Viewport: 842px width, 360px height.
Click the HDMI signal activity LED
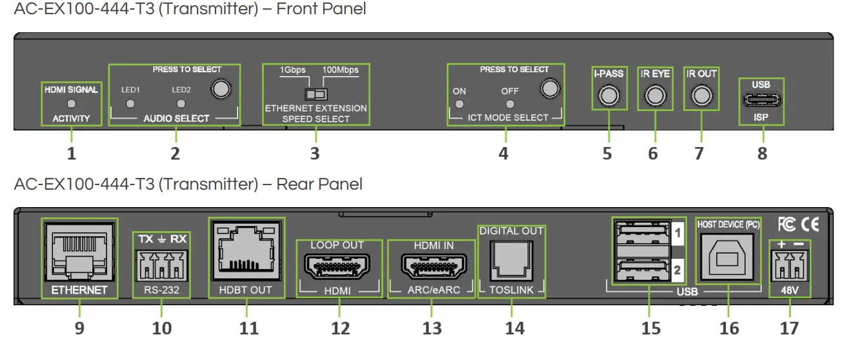[72, 103]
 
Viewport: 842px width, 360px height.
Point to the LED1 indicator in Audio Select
[130, 103]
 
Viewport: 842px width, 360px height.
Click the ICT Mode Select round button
[549, 87]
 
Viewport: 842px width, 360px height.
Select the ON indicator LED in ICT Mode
[459, 104]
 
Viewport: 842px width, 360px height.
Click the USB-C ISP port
[761, 101]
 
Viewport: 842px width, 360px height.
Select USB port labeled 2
[640, 269]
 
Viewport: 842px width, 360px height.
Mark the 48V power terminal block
[789, 265]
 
